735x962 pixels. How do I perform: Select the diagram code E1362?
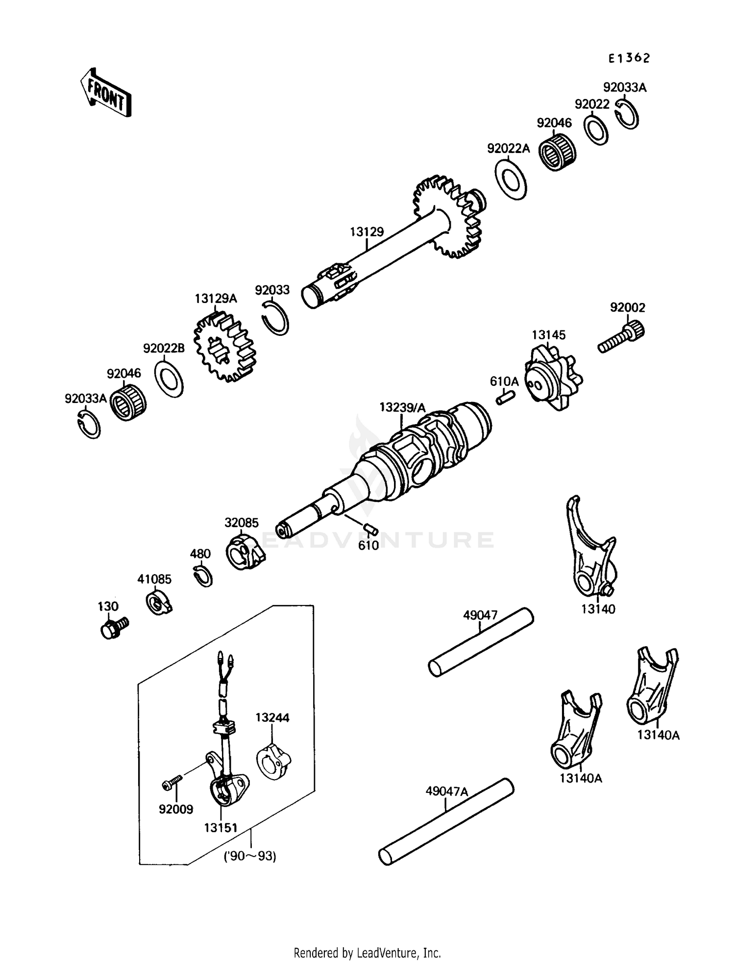coord(629,58)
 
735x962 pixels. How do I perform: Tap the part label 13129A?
coord(215,299)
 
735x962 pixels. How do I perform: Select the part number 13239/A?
coord(402,407)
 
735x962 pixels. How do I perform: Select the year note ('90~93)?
coord(250,857)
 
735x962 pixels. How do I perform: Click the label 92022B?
coord(164,348)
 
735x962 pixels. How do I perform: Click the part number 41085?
coord(154,579)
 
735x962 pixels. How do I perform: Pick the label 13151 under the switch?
coord(220,828)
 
